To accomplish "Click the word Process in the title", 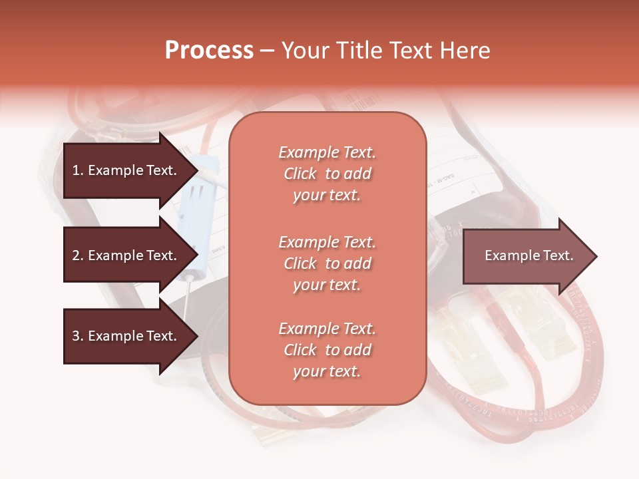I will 209,51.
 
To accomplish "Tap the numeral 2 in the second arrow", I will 76,255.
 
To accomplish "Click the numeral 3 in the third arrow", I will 76,336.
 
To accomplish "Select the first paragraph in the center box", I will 327,174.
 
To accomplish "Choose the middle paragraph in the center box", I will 327,263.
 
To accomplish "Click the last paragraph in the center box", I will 327,350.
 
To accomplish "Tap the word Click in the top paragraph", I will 300,174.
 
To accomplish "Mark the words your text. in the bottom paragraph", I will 327,371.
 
